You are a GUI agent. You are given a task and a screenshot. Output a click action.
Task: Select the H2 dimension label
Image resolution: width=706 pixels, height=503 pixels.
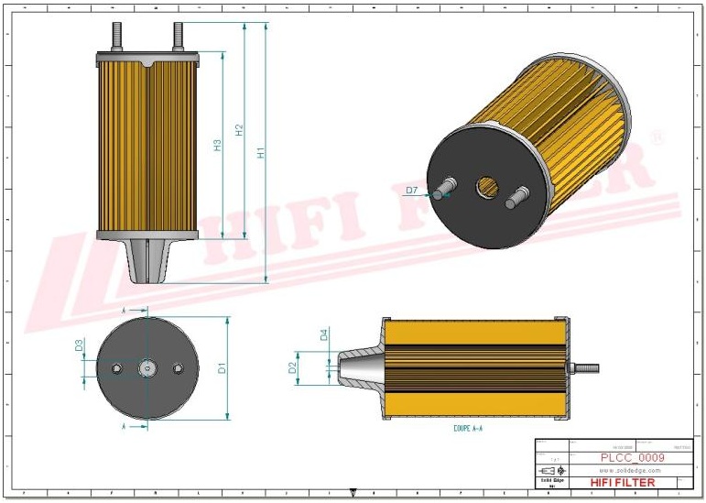(x=239, y=130)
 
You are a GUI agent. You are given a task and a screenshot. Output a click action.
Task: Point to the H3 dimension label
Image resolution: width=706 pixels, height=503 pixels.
(x=218, y=146)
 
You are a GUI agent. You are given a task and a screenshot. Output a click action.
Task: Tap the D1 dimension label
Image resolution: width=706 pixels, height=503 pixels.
(x=222, y=368)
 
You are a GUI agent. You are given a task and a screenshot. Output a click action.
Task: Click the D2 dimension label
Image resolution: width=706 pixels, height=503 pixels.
(x=293, y=368)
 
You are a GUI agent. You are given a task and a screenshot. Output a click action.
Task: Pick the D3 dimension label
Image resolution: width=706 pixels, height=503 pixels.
(x=80, y=345)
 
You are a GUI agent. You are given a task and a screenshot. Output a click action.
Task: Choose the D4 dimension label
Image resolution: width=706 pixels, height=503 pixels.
(x=323, y=335)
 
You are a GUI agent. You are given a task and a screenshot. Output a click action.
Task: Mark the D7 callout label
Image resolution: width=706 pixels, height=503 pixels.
(x=412, y=191)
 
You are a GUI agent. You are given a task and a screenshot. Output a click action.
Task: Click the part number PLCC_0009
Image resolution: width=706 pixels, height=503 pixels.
(x=633, y=457)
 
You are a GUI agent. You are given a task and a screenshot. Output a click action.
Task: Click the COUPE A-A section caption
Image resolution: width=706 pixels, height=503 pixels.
(x=469, y=428)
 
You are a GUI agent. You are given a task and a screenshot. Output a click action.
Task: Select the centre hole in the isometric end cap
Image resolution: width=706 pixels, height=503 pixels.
(x=487, y=189)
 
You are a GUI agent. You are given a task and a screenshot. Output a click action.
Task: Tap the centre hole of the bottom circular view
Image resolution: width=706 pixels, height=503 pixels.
(x=147, y=368)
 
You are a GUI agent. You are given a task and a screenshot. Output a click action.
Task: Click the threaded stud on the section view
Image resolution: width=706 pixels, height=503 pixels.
(x=585, y=368)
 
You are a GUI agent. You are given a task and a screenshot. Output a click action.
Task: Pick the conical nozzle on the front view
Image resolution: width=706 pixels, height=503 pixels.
(x=147, y=262)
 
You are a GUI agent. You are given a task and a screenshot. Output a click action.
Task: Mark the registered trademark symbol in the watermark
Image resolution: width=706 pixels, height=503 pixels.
(x=656, y=138)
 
